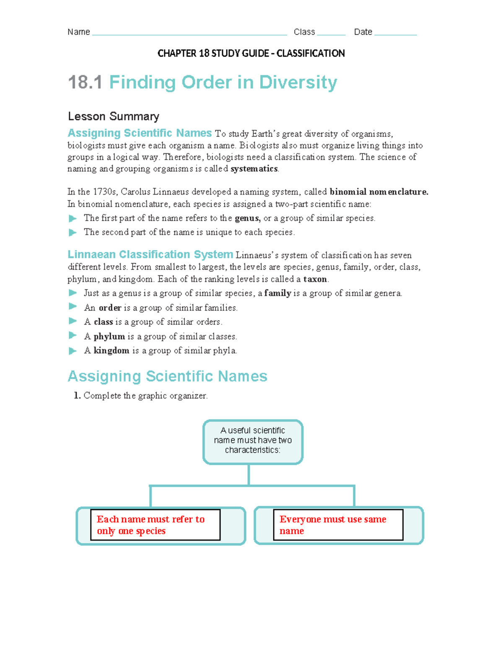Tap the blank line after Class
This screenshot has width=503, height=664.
331,34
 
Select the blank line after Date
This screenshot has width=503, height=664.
395,34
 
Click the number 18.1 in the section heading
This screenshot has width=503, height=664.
85,82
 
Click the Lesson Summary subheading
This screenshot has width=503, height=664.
114,116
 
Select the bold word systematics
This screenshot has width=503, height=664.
254,169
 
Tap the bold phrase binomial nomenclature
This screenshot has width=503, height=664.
379,192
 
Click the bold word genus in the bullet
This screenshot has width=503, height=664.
247,218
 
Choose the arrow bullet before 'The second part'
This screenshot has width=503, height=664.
73,232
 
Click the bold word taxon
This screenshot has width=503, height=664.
315,279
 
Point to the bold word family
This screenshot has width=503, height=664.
277,293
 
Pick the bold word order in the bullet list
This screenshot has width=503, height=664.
110,308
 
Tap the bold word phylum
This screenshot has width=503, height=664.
109,336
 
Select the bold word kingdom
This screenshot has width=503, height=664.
111,351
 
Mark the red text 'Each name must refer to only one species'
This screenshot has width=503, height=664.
150,525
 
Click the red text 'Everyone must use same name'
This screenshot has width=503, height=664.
332,525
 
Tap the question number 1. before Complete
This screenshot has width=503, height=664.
77,396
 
